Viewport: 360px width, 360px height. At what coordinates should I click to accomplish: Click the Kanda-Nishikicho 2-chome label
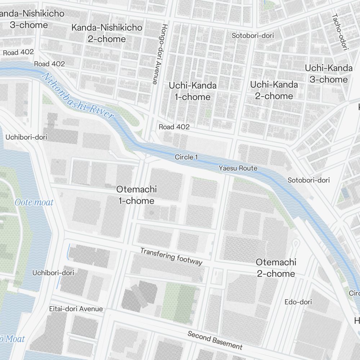[x=107, y=33]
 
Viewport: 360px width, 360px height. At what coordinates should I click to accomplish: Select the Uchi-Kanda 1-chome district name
[x=193, y=91]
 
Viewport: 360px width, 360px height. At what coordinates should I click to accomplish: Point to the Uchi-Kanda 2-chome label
[x=274, y=90]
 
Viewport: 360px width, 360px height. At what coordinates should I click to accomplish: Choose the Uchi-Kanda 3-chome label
[x=328, y=73]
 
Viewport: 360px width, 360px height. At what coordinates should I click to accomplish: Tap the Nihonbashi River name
[x=78, y=96]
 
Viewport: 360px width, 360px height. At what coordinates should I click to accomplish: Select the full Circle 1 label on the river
[x=186, y=157]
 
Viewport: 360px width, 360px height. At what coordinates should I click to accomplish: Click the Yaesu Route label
[x=238, y=168]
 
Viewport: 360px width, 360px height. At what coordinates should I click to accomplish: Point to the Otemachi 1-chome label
[x=136, y=195]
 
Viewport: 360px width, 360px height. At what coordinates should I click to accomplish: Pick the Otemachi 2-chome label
[x=276, y=268]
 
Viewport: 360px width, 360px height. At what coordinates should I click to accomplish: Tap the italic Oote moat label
[x=34, y=202]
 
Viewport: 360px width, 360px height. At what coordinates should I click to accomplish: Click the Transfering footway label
[x=171, y=256]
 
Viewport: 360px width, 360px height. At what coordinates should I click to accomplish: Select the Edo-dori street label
[x=298, y=302]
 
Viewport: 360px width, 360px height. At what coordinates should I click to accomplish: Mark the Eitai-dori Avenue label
[x=76, y=309]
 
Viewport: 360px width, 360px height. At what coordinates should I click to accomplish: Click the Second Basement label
[x=215, y=340]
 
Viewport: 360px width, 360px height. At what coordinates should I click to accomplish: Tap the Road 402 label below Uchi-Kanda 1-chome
[x=174, y=127]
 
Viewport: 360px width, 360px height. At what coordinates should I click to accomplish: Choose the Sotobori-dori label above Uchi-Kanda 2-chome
[x=253, y=36]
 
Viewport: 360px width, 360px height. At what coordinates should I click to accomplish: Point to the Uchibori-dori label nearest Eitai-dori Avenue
[x=53, y=273]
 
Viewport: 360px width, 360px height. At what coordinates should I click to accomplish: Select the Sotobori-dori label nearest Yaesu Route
[x=309, y=180]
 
